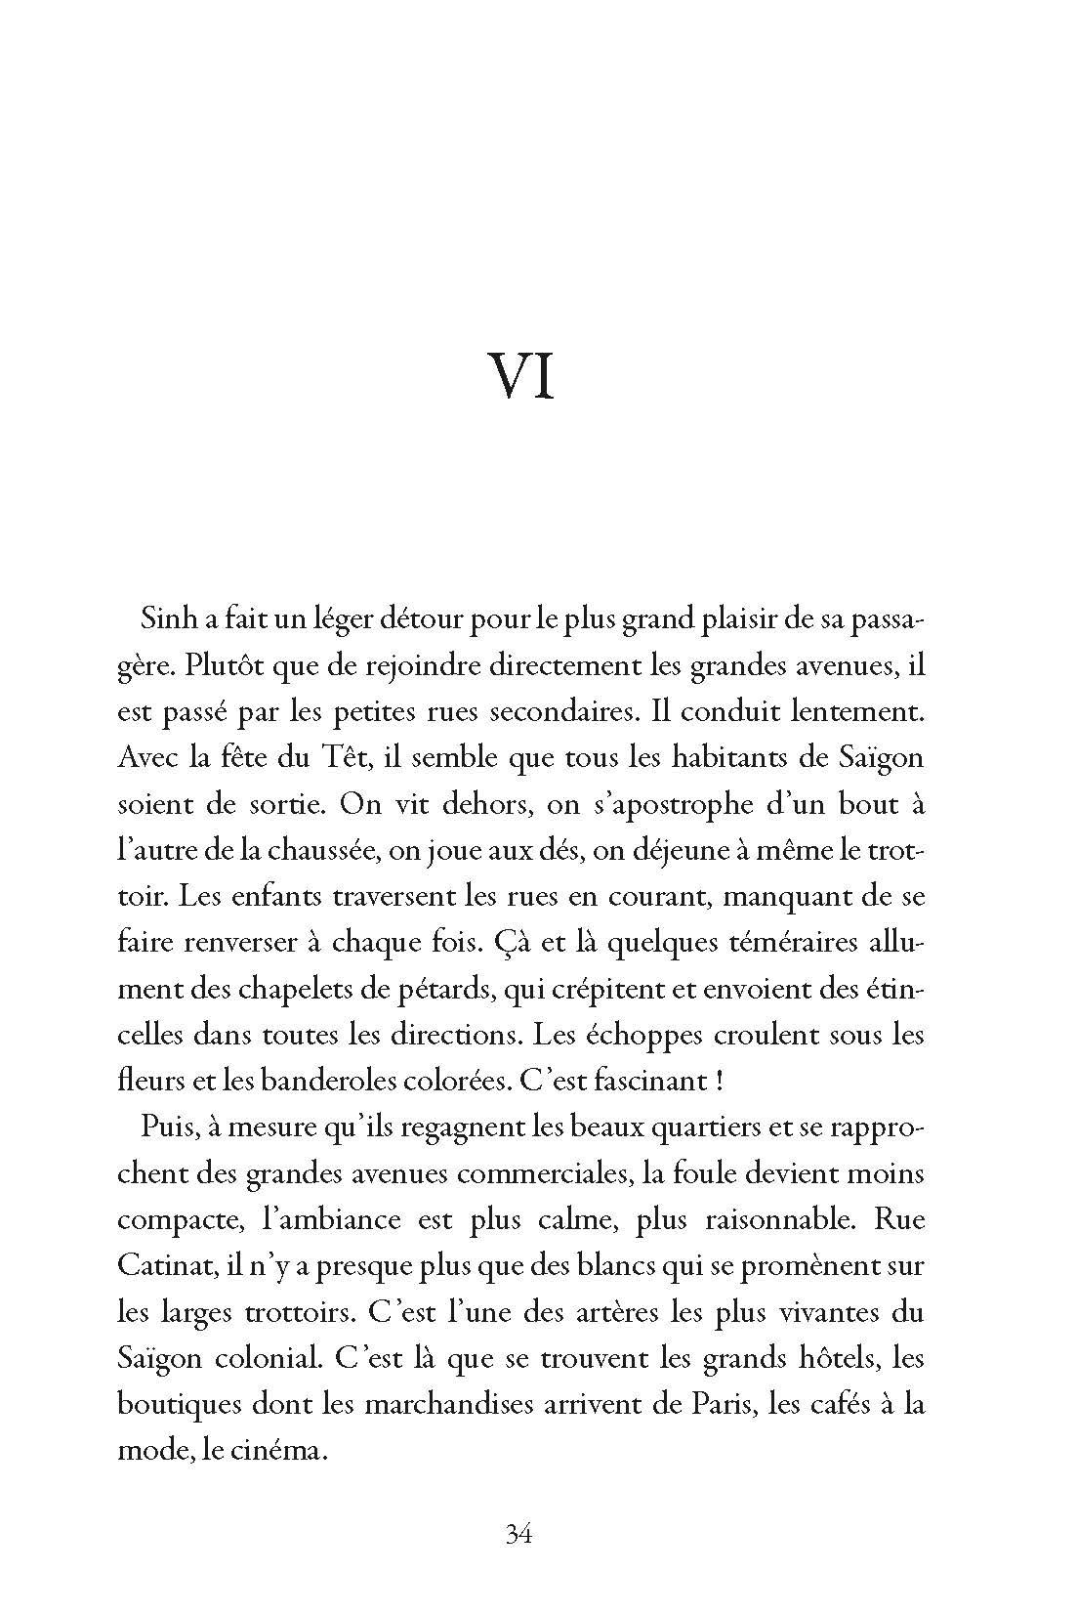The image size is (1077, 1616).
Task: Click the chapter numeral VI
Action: [521, 376]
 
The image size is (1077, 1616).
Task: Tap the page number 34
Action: [518, 1534]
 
